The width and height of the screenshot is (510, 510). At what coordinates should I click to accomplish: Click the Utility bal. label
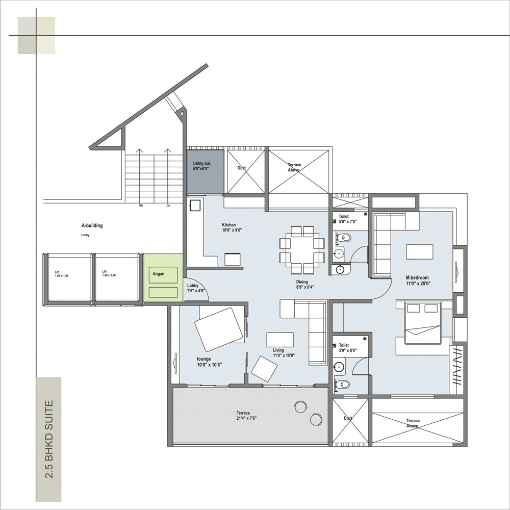(201, 166)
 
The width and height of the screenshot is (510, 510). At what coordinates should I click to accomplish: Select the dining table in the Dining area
(302, 249)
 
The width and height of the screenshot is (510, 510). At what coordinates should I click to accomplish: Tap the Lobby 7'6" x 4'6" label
(195, 288)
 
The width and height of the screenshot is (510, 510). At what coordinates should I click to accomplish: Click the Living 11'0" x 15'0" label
(284, 352)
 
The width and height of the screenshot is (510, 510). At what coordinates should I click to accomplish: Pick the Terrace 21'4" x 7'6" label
(246, 415)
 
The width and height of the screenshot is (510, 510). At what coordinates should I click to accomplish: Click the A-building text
(92, 225)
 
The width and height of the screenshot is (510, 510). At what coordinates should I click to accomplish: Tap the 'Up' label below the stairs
(141, 206)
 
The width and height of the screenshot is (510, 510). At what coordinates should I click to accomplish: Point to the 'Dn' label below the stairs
(168, 206)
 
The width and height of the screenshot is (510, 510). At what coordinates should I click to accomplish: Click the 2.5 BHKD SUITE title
(48, 440)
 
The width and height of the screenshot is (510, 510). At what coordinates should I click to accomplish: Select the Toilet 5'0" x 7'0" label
(347, 219)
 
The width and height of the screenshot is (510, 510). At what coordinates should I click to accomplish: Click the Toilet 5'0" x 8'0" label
(347, 348)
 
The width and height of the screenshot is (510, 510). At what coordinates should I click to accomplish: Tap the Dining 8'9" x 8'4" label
(304, 284)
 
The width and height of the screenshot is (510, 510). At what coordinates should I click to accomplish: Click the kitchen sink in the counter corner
(195, 205)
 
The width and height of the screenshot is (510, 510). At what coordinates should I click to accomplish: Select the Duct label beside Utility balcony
(241, 168)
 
